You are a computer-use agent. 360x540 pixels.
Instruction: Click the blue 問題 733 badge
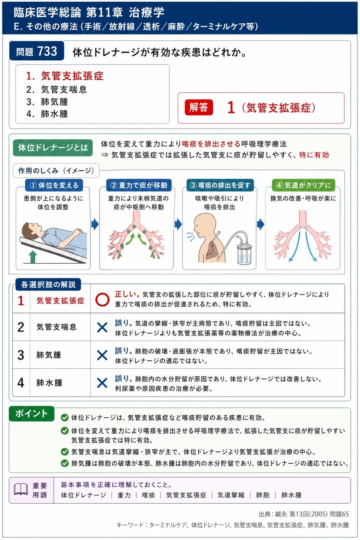pyautogui.click(x=37, y=51)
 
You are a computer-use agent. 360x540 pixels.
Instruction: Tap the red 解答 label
pyautogui.click(x=199, y=107)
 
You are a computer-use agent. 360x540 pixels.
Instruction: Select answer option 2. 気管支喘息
pyautogui.click(x=57, y=89)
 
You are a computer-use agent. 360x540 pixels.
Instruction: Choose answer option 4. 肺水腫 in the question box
pyautogui.click(x=47, y=114)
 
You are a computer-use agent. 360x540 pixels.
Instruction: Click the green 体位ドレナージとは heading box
pyautogui.click(x=53, y=148)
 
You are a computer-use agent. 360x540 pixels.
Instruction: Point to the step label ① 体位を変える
pyautogui.click(x=54, y=185)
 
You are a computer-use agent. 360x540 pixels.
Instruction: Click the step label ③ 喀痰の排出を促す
pyautogui.click(x=220, y=185)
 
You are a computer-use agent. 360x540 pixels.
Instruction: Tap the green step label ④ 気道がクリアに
pyautogui.click(x=303, y=185)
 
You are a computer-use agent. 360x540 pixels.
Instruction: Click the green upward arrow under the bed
pyautogui.click(x=33, y=257)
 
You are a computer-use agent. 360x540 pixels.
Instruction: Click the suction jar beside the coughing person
pyautogui.click(x=244, y=254)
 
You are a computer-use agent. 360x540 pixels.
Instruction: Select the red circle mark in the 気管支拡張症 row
pyautogui.click(x=102, y=300)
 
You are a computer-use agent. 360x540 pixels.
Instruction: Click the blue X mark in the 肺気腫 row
pyautogui.click(x=102, y=355)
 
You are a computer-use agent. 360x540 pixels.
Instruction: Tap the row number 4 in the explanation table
pyautogui.click(x=21, y=383)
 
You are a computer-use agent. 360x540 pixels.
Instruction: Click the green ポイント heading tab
pyautogui.click(x=32, y=414)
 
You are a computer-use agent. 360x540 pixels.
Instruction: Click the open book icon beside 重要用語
pyautogui.click(x=21, y=490)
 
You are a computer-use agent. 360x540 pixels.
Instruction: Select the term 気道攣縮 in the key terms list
pyautogui.click(x=231, y=495)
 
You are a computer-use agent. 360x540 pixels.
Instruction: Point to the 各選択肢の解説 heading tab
pyautogui.click(x=48, y=284)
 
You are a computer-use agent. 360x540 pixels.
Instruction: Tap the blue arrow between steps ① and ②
pyautogui.click(x=95, y=224)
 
